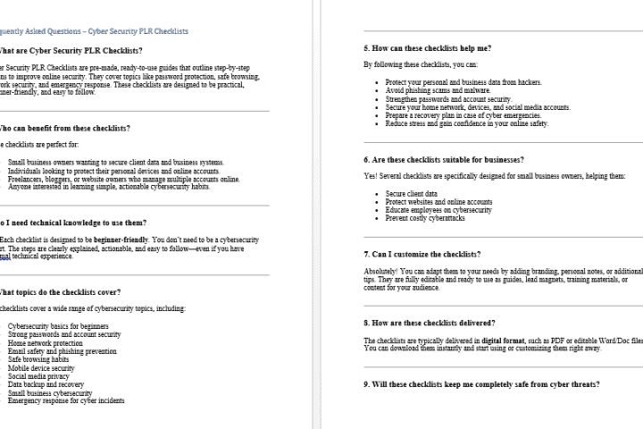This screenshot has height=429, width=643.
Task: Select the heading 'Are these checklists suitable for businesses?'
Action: [x=441, y=159]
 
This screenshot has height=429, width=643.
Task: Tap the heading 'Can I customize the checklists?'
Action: [x=422, y=254]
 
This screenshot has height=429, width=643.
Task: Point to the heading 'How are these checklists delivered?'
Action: [x=430, y=322]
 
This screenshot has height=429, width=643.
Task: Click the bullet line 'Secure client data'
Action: [x=412, y=193]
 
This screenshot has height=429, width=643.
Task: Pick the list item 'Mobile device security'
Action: [x=41, y=367]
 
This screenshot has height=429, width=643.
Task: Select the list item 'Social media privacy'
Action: [x=39, y=376]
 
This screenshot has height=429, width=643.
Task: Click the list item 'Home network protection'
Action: [x=45, y=342]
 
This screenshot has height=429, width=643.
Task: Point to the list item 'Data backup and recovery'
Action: [x=46, y=384]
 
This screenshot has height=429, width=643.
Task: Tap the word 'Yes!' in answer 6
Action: [x=371, y=175]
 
